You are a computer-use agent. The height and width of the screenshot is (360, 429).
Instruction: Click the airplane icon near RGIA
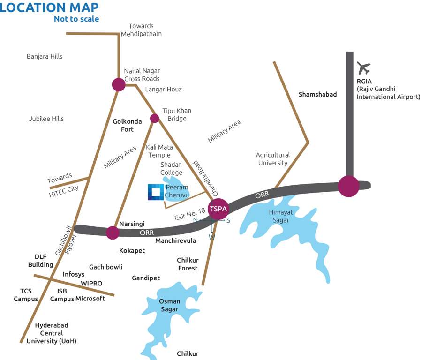coord(363,68)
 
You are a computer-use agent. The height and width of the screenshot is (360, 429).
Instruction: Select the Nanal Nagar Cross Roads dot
coord(119,84)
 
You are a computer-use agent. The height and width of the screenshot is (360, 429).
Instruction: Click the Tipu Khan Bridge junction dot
coord(154,118)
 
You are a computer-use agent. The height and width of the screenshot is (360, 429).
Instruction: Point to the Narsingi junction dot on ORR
coord(113,232)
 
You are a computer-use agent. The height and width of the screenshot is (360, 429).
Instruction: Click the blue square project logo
coord(155,192)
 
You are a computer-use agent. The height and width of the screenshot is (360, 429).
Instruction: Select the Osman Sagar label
coord(169,305)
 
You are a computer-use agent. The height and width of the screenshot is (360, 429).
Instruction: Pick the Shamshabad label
coord(317,94)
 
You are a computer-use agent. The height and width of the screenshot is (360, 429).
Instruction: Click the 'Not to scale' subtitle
coord(76,19)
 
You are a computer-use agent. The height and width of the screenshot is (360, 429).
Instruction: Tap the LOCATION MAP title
coord(50,7)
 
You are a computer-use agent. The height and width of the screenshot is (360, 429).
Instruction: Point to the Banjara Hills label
coord(45,56)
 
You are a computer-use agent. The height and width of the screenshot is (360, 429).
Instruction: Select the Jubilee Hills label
coord(46,119)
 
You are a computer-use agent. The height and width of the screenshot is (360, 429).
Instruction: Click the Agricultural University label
coord(273,159)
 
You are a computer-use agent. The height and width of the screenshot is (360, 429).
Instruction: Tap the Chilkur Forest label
coord(187,264)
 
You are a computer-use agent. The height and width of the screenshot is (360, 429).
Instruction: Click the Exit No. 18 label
coord(190,214)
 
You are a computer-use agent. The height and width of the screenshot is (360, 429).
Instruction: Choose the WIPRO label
coord(91,283)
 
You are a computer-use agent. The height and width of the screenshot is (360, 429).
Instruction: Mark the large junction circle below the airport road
coord(349,186)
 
